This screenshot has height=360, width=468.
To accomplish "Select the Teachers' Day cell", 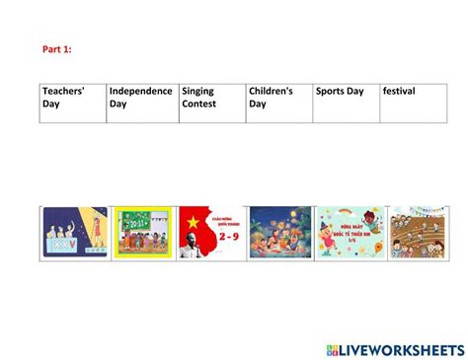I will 72,103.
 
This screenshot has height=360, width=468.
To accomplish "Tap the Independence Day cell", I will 141,103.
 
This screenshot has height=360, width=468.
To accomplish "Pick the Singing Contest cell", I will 211,103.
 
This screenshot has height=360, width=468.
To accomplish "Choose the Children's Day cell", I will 279,103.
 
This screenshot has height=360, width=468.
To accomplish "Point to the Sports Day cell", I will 347,103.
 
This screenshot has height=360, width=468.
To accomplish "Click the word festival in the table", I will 399,92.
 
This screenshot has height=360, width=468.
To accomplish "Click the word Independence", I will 141,92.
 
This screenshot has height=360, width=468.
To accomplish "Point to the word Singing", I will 198,92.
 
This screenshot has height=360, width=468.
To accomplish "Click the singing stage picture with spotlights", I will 75,233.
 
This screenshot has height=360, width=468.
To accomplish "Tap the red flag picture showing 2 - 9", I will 211,233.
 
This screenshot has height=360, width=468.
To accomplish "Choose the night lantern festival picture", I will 279,233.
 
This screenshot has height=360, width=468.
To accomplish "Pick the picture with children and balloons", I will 348,233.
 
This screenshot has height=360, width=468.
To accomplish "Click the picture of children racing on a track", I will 417,233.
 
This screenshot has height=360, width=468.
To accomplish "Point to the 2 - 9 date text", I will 229,238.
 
